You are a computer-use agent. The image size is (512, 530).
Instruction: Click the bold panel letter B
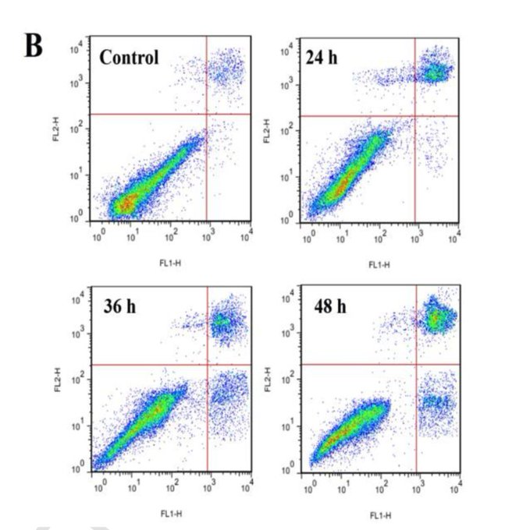point(34,46)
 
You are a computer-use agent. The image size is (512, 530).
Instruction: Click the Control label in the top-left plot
point(128,57)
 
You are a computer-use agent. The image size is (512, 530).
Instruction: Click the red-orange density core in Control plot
point(125,204)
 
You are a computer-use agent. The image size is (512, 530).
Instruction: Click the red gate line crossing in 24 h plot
point(415,116)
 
